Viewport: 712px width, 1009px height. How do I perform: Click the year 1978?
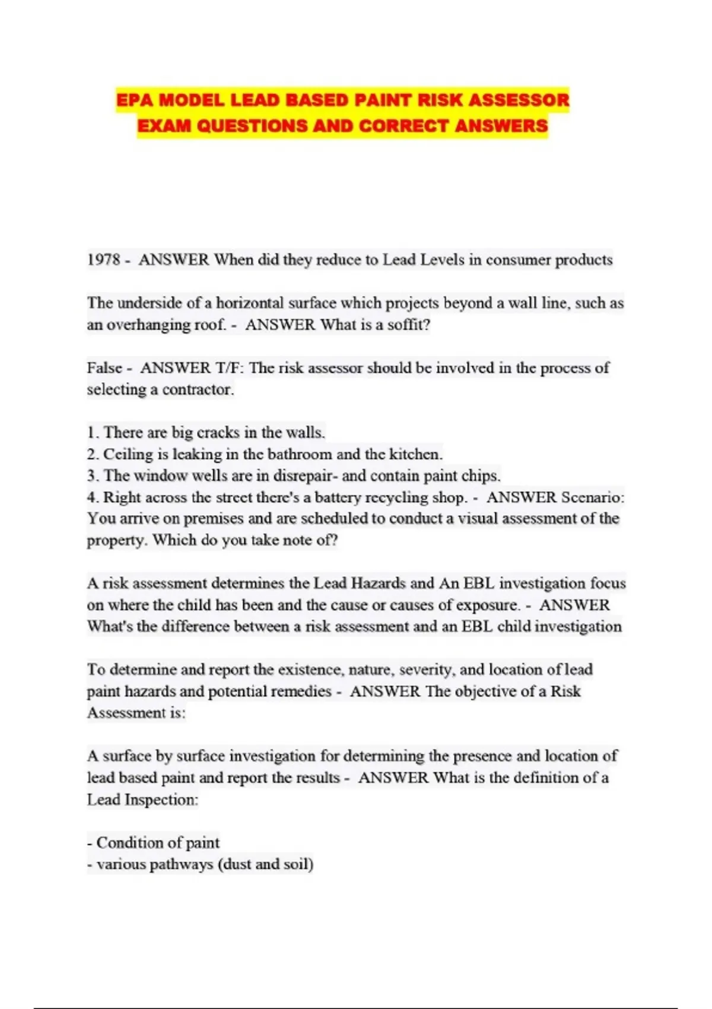[x=104, y=260]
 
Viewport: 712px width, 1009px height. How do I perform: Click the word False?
[x=105, y=368]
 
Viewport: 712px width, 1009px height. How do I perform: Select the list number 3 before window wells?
[x=92, y=476]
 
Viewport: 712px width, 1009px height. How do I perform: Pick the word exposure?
[x=487, y=605]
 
